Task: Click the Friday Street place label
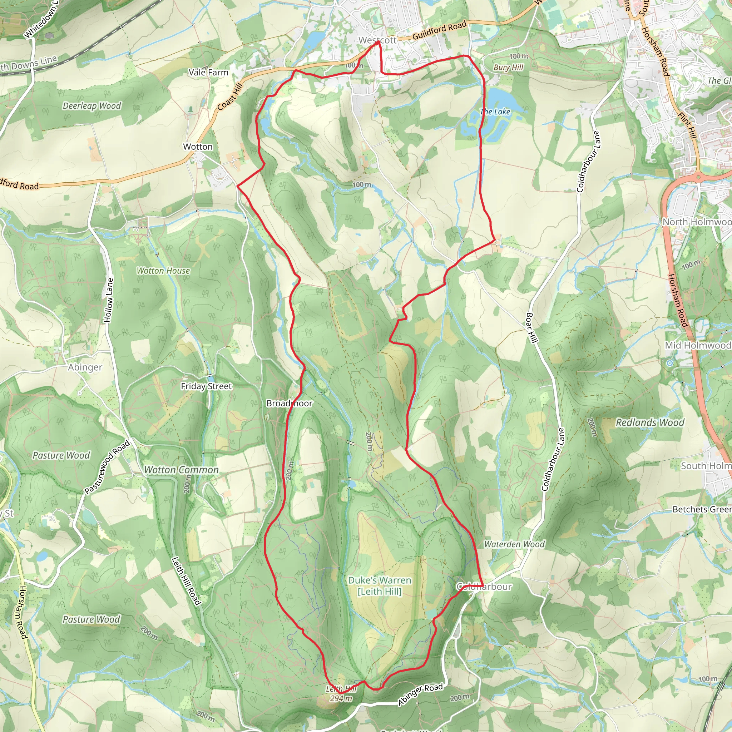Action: (x=206, y=386)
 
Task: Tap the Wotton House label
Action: (x=163, y=271)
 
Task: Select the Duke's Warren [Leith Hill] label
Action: (x=380, y=585)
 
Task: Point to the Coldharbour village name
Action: (x=484, y=587)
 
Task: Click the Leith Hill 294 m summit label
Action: (x=341, y=694)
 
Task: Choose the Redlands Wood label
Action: (x=650, y=422)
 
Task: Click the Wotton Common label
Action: (x=181, y=470)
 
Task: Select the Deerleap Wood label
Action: (x=92, y=106)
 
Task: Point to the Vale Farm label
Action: (x=208, y=72)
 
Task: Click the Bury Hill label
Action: (x=508, y=68)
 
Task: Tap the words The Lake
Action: (x=495, y=112)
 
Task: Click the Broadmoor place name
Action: (x=290, y=403)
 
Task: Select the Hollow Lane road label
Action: (x=109, y=300)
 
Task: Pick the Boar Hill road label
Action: (x=532, y=328)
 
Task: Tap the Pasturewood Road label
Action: (x=107, y=467)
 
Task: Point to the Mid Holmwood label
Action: (x=698, y=345)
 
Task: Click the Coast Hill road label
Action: (x=229, y=97)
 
